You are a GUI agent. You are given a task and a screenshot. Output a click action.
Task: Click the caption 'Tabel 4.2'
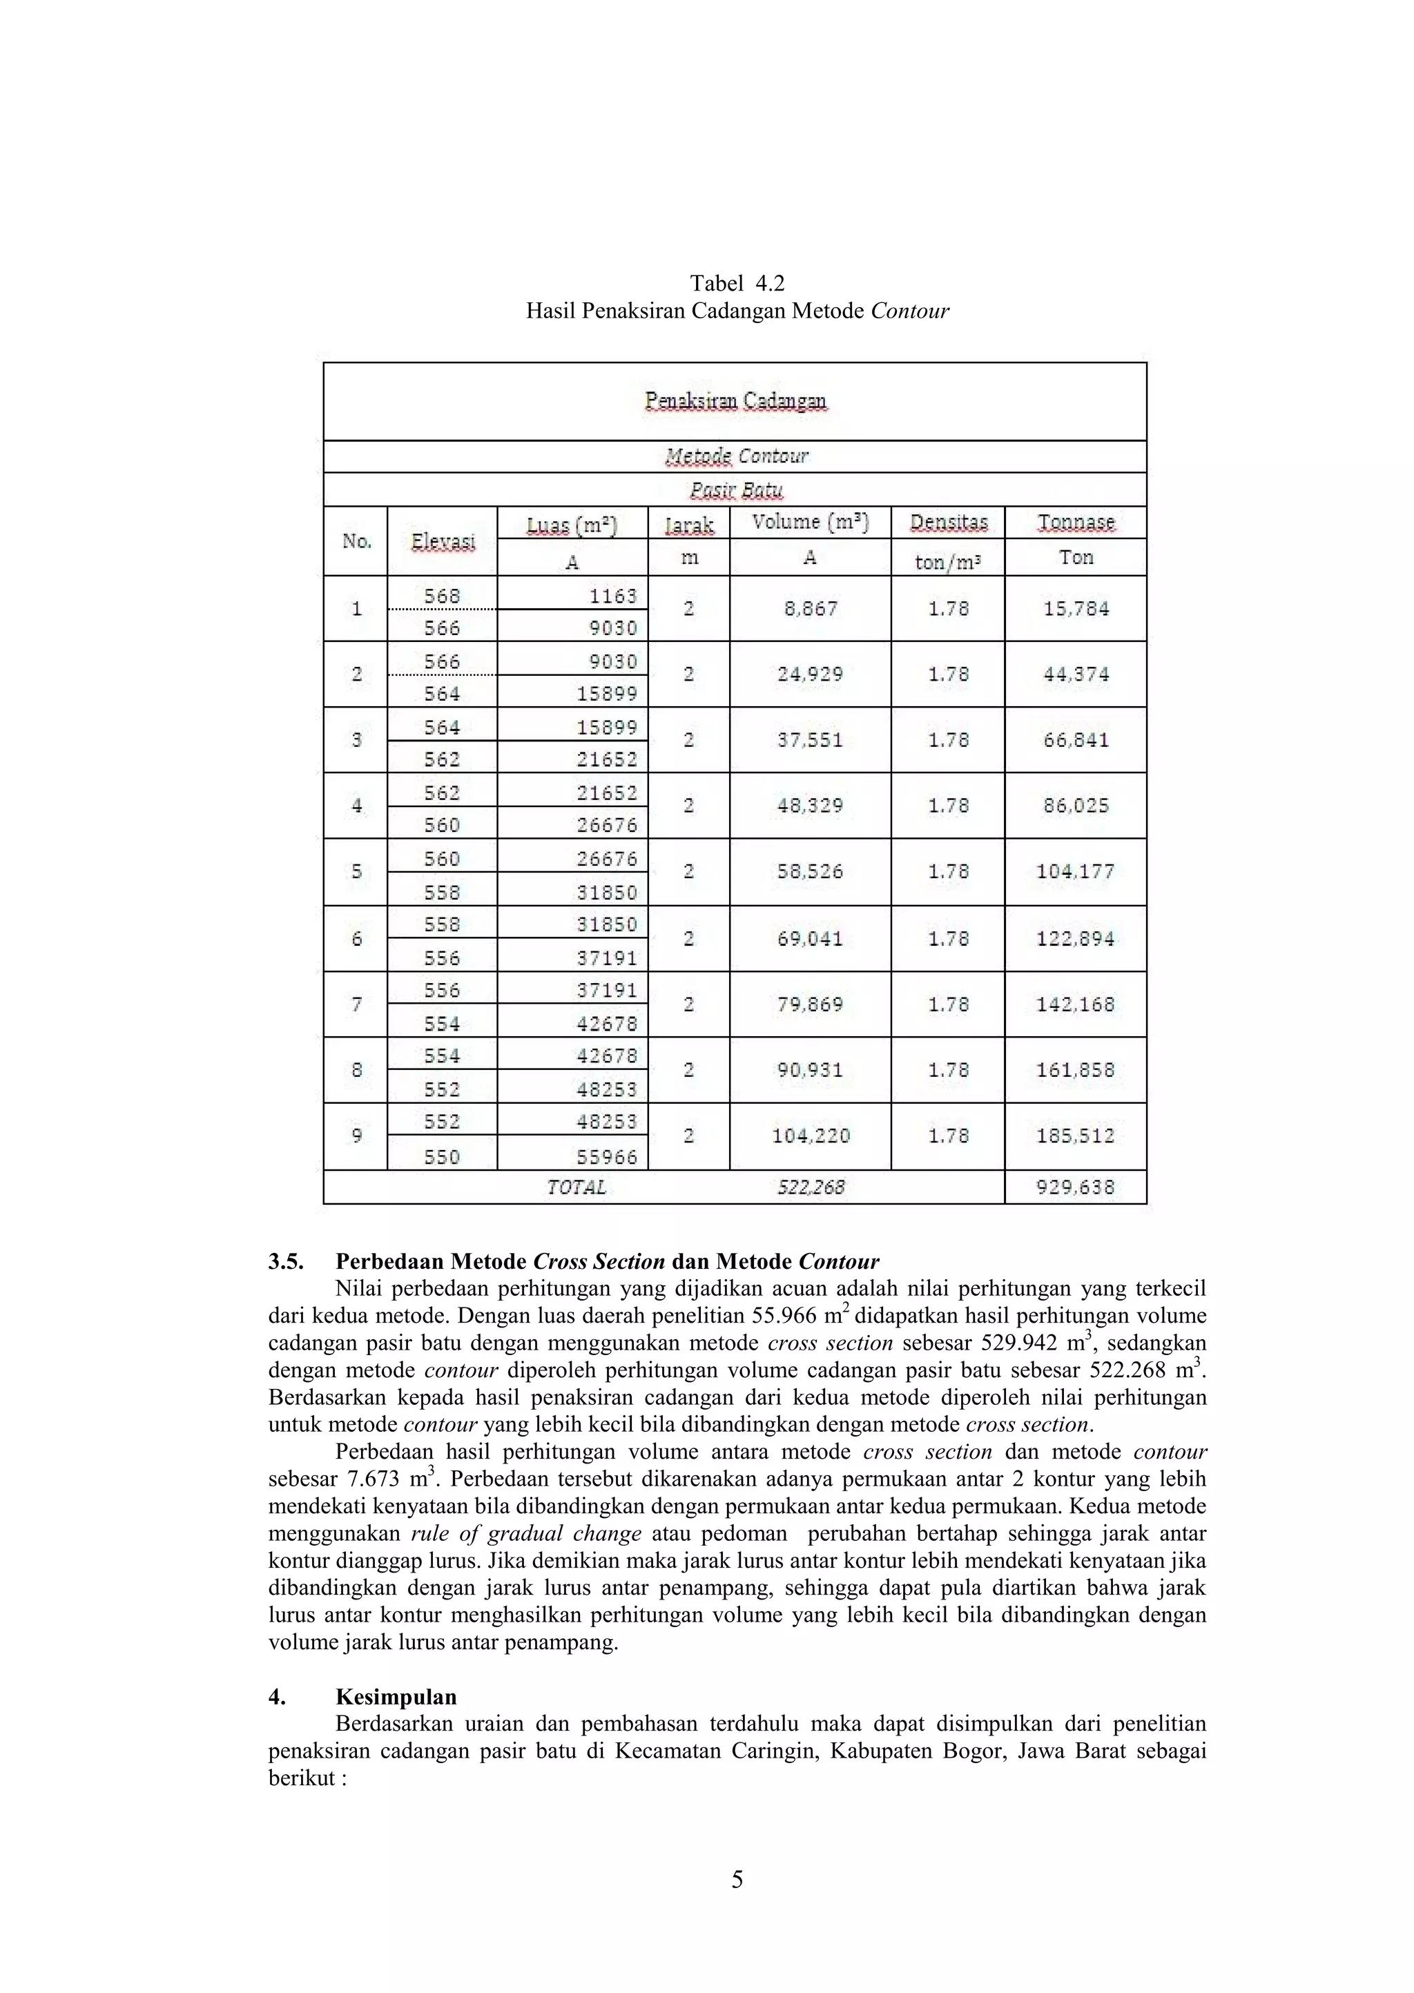[x=737, y=283]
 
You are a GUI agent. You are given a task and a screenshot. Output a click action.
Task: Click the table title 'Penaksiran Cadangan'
[x=736, y=400]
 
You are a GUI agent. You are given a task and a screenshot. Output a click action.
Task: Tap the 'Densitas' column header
[x=948, y=522]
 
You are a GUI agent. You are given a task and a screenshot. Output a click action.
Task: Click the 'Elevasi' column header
[x=443, y=541]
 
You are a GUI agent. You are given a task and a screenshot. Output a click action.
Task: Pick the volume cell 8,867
[x=811, y=608]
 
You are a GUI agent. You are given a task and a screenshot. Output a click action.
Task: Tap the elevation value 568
[x=443, y=595]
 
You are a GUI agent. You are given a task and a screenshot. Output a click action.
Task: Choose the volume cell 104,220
[x=811, y=1136]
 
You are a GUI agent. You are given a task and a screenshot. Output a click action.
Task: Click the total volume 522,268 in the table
[x=811, y=1187]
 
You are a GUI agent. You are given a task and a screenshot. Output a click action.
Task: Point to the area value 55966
[x=607, y=1156]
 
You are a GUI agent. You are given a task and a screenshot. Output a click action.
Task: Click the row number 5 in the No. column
[x=356, y=872]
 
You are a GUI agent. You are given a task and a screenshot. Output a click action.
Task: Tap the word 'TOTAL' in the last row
[x=576, y=1187]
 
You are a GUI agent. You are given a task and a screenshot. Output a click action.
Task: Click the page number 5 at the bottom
[x=737, y=1880]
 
